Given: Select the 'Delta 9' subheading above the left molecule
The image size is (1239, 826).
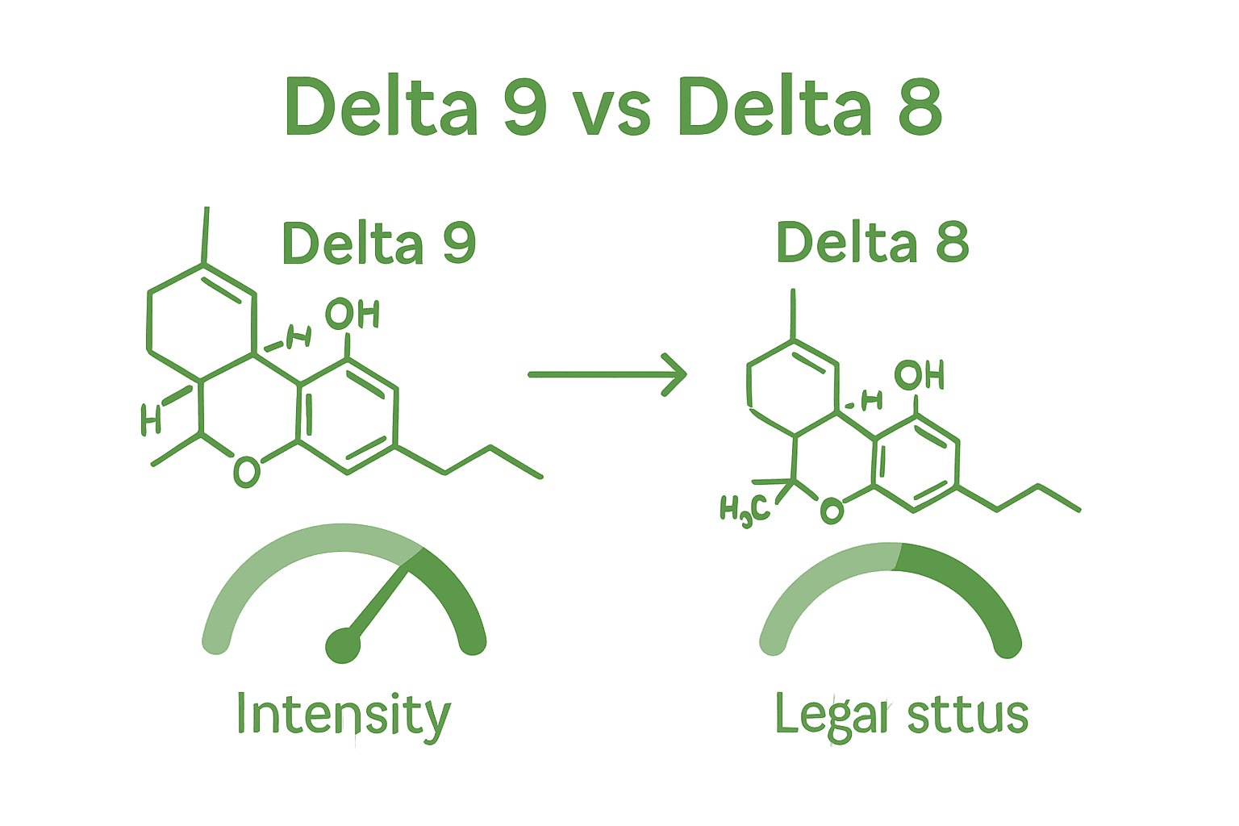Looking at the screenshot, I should click(379, 243).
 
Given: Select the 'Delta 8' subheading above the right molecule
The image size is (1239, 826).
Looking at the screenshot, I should click(872, 243).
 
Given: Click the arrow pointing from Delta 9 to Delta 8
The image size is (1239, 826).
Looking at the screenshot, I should click(607, 374).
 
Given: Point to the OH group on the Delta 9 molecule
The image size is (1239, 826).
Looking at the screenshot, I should click(352, 314).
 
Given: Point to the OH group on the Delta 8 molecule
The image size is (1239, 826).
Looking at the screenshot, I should click(919, 375).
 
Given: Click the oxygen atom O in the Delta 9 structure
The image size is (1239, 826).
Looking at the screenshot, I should click(246, 472).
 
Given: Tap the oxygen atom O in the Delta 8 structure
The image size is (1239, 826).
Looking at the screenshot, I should click(832, 511).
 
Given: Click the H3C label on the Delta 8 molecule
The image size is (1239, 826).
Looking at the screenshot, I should click(744, 511).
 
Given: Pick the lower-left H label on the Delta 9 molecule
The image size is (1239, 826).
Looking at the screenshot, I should click(150, 419).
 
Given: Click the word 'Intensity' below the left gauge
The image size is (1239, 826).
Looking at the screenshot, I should click(344, 715).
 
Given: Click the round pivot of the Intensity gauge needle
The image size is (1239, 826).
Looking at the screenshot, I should click(343, 645).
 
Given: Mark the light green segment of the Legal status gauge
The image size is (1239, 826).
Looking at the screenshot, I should click(815, 581).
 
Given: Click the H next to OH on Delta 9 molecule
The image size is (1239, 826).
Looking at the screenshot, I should click(298, 336).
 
